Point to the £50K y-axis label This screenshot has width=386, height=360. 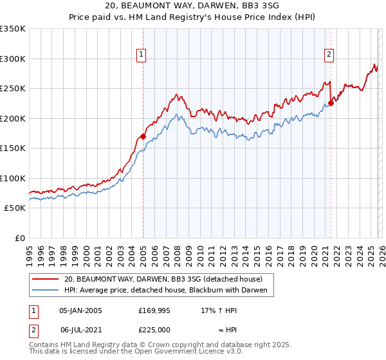coord(15,208)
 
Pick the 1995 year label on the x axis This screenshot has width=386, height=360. coord(29,251)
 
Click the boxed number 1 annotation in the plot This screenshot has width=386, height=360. coord(141,55)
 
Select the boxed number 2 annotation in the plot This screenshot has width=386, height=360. coord(329,55)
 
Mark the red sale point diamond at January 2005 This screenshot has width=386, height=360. coord(143,136)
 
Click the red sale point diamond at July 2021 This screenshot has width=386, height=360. coord(331,103)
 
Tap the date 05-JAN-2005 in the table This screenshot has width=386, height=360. coord(80,310)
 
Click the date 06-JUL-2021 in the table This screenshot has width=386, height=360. coord(80,329)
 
